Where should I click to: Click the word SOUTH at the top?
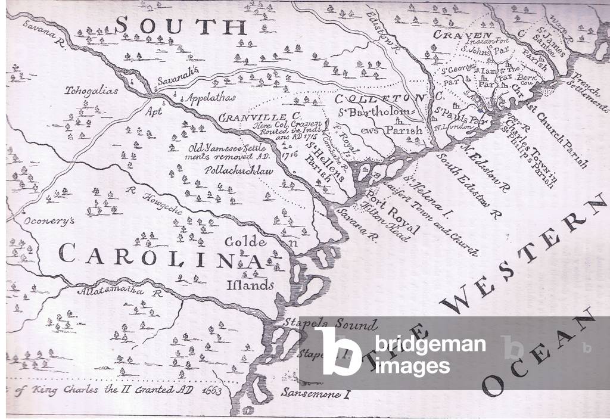[x=180, y=26]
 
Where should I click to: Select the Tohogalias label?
[x=93, y=92]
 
